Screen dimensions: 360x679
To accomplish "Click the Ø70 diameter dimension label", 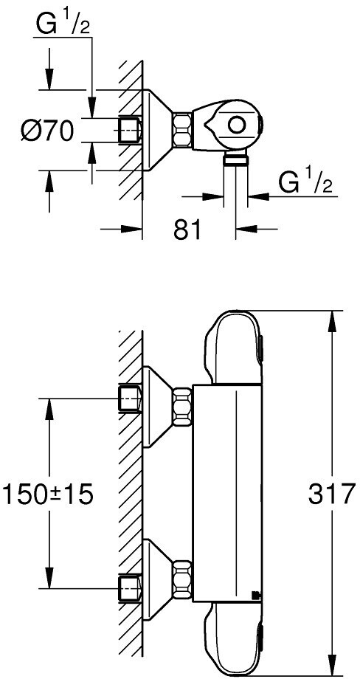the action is pos(46,131).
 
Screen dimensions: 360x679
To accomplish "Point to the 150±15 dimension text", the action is pos(49,494).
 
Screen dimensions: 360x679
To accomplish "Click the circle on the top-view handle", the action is pos(236,126).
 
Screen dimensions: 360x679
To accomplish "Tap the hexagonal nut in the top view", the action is pos(182,129).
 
